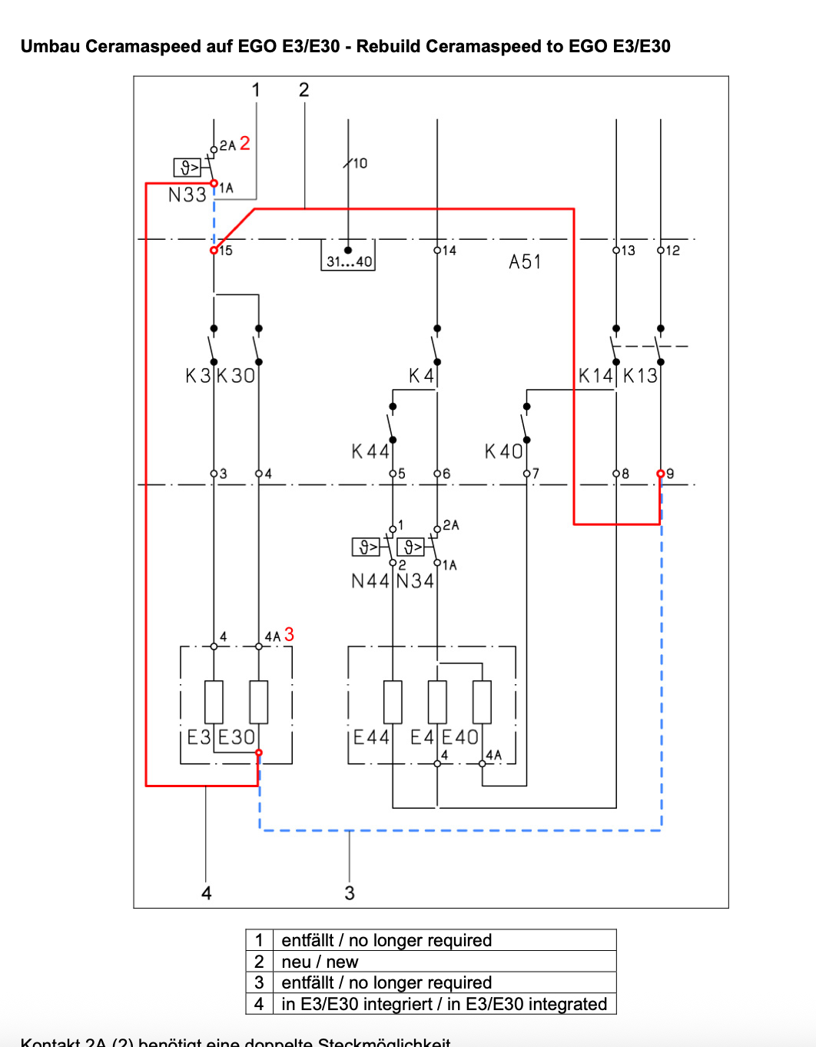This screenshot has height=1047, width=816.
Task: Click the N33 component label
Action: (x=187, y=195)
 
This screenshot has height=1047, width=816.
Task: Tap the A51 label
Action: (x=525, y=262)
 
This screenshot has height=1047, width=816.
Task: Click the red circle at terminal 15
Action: (x=214, y=250)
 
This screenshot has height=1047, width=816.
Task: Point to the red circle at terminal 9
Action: (x=661, y=474)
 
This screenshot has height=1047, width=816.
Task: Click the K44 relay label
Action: (x=370, y=451)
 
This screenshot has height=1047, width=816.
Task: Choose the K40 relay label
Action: (x=503, y=451)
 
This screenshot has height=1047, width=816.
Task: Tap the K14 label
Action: (x=595, y=376)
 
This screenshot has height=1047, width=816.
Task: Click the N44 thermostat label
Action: (x=370, y=581)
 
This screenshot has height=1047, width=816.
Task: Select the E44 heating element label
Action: (x=371, y=737)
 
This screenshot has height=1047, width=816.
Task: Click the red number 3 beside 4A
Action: (x=289, y=634)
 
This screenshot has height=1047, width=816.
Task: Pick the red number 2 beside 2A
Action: (x=244, y=144)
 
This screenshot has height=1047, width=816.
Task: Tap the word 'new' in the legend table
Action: (x=342, y=962)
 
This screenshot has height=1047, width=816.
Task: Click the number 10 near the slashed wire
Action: (x=360, y=163)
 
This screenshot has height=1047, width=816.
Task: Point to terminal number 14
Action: (x=449, y=251)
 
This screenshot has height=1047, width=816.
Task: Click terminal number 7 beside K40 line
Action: (x=536, y=474)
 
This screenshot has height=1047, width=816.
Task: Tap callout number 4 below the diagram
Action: (x=206, y=892)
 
